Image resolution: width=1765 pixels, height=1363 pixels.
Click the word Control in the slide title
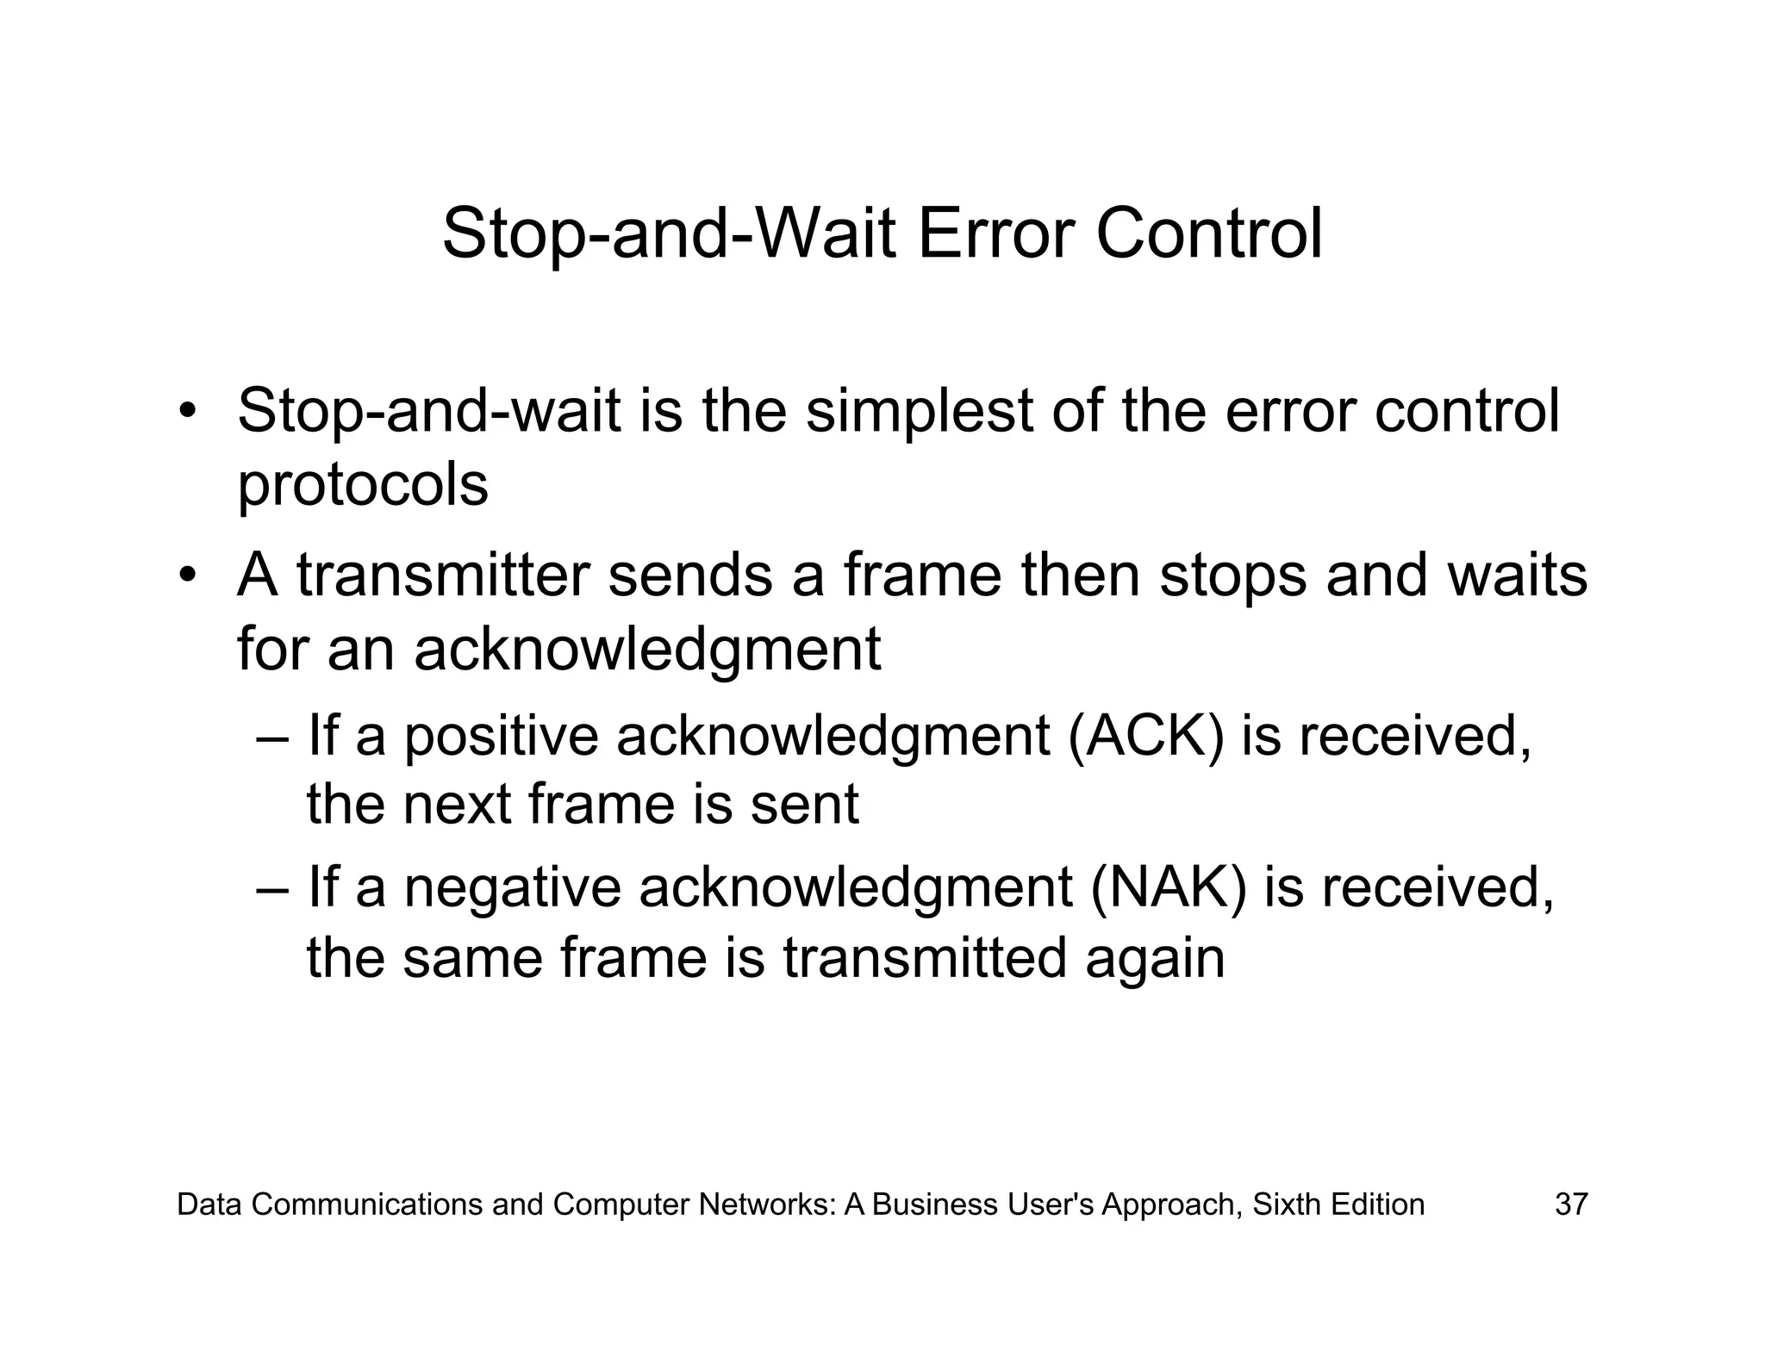point(1208,234)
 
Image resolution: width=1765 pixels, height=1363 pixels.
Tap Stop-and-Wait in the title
point(669,234)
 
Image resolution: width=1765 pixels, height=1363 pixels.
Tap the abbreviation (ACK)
point(1144,738)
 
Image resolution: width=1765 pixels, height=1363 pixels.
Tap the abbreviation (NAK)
point(1168,888)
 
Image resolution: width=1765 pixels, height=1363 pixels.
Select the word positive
point(501,738)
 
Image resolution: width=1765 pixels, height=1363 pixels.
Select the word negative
point(512,888)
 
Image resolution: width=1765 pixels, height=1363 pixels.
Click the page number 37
point(1570,1204)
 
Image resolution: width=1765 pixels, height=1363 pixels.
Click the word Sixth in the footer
point(1287,1204)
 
